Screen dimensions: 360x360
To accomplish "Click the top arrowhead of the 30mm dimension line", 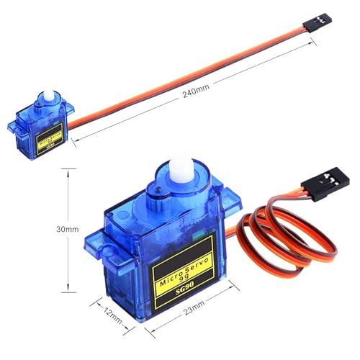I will coord(67,171).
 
